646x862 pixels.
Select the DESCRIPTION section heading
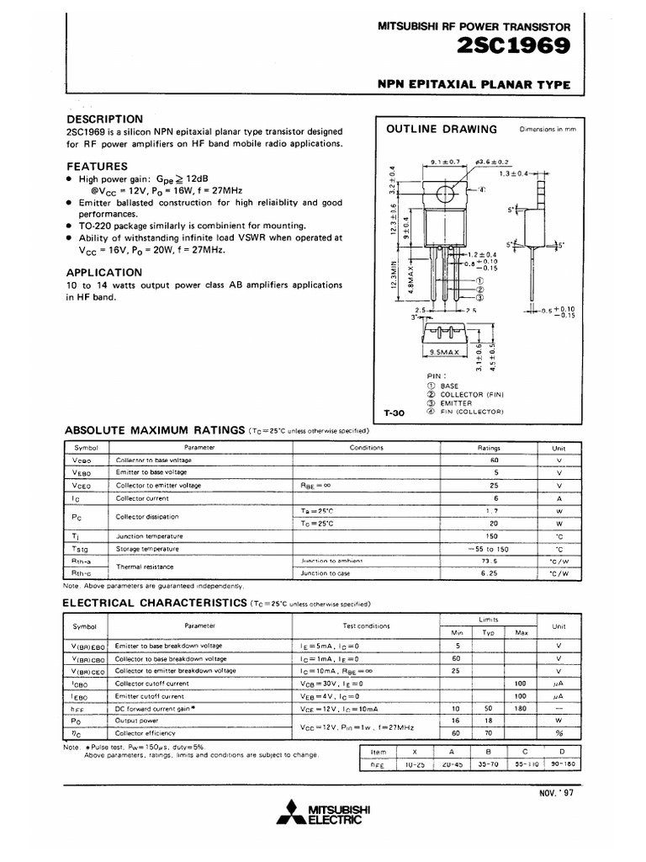tap(105, 119)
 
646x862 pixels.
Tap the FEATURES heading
tap(98, 166)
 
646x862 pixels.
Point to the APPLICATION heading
tap(104, 272)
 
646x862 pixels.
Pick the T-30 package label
tap(394, 412)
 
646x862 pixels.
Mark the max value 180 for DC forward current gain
tap(521, 708)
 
